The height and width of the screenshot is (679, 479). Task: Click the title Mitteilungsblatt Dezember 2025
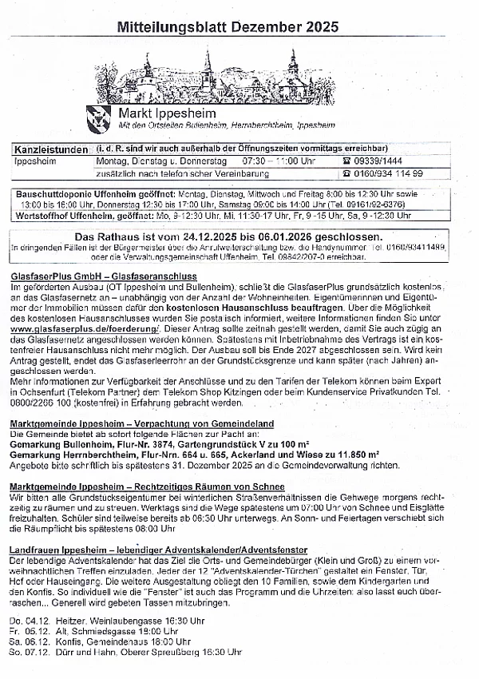[228, 27]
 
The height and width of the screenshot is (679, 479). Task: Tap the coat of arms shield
[99, 117]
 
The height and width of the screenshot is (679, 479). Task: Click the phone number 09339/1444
[389, 161]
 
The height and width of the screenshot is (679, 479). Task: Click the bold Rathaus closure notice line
[228, 237]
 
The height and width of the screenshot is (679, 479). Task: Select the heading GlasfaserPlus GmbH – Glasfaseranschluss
[104, 276]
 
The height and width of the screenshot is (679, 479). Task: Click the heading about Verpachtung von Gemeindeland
[141, 423]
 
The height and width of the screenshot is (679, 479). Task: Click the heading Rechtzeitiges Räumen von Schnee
[147, 486]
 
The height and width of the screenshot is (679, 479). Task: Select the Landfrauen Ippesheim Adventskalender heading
[158, 550]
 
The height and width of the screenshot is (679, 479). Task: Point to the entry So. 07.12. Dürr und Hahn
[125, 652]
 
